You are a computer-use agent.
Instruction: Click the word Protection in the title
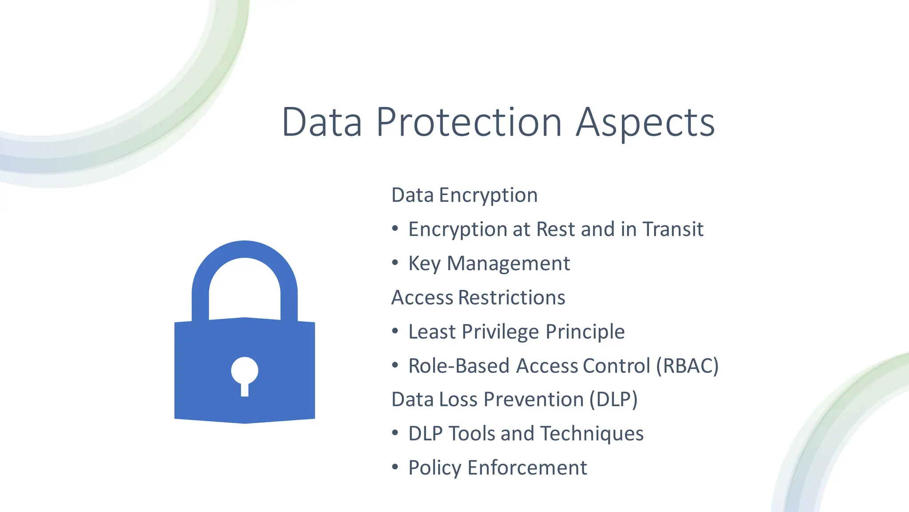[469, 122]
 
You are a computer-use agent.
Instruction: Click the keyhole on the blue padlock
[245, 373]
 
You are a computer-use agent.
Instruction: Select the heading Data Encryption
[464, 195]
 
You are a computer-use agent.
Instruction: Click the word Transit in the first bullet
[673, 229]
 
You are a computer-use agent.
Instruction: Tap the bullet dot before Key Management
[395, 263]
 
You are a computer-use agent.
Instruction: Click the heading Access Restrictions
[478, 297]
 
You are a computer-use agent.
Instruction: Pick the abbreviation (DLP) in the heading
[613, 400]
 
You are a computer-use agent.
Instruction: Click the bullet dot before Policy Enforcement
[395, 467]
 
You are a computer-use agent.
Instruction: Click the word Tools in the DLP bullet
[471, 434]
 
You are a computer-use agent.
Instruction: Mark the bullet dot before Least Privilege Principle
[395, 331]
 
